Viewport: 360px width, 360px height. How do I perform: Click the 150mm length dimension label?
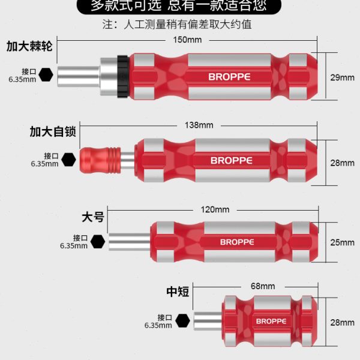[x=187, y=40]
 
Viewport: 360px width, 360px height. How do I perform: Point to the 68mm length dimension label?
[x=262, y=286]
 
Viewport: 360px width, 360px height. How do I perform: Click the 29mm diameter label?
[x=342, y=77]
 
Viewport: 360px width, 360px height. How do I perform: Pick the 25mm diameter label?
[x=342, y=242]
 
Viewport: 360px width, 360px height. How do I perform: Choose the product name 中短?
[x=178, y=292]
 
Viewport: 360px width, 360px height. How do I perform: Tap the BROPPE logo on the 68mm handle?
[x=271, y=321]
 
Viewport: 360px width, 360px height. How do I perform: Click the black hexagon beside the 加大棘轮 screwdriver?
[x=46, y=76]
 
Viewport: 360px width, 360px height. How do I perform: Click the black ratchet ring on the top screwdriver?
[x=122, y=76]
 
